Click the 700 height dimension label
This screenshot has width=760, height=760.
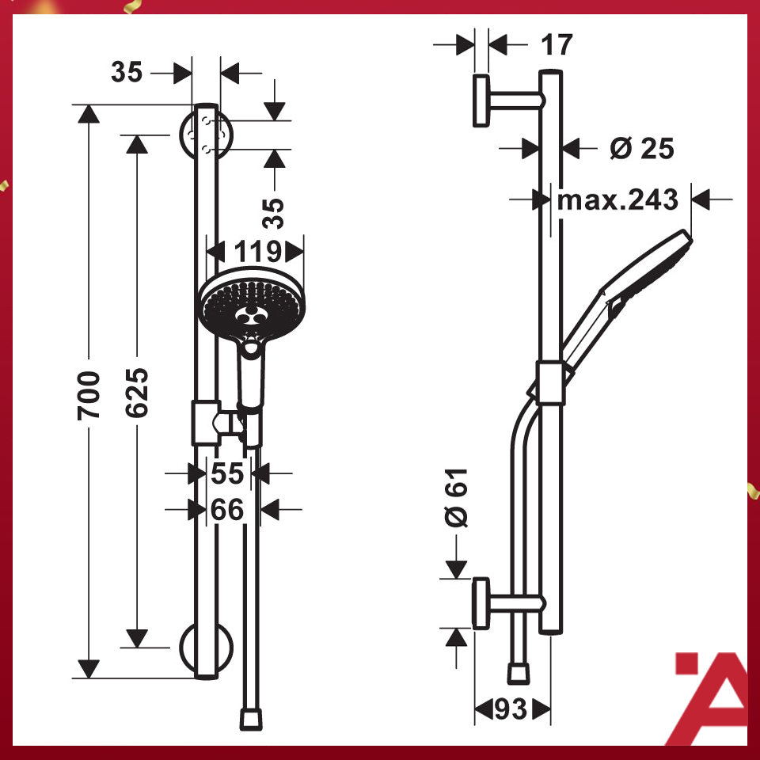coord(89,393)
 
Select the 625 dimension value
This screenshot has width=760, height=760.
coord(137,393)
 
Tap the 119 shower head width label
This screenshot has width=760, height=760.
coord(256,252)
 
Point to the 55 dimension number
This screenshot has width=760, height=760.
coord(227,474)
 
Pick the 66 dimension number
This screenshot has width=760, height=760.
coord(227,510)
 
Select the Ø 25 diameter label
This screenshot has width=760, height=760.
coord(642,148)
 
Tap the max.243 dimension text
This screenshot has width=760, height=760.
coord(618,199)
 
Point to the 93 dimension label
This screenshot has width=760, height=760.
coord(511,709)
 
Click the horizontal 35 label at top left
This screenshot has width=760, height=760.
coord(127,73)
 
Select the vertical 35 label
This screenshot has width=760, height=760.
coord(273,212)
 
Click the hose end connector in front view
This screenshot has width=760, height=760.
coord(251,719)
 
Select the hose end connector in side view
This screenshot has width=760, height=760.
coord(519,674)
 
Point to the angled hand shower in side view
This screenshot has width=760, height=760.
coord(625,301)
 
